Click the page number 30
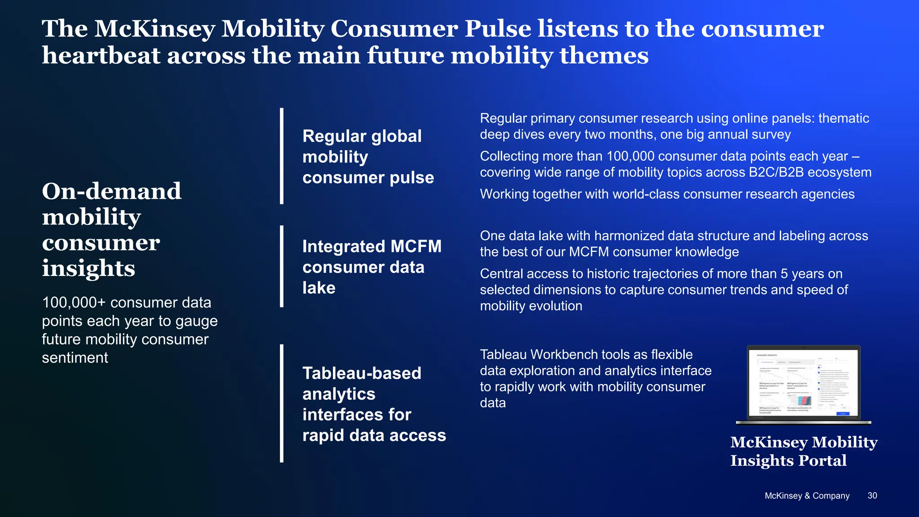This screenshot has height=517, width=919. (872, 495)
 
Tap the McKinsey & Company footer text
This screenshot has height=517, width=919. (807, 496)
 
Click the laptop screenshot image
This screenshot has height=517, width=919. (803, 384)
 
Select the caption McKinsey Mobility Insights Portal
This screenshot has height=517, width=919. (804, 451)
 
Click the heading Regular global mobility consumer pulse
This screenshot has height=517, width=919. (368, 157)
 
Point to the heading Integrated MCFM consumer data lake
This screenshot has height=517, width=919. (372, 267)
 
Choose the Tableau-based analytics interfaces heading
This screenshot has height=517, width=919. (374, 404)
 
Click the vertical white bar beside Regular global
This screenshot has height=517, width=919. (282, 156)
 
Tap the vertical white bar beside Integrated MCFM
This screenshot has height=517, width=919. (282, 266)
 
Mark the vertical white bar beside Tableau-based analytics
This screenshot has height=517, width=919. (282, 403)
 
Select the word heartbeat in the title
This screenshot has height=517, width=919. (101, 56)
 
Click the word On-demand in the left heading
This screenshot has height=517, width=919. (112, 191)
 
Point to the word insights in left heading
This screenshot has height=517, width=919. (88, 268)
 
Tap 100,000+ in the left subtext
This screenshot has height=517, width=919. (74, 302)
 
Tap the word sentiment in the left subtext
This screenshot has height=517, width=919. (75, 358)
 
